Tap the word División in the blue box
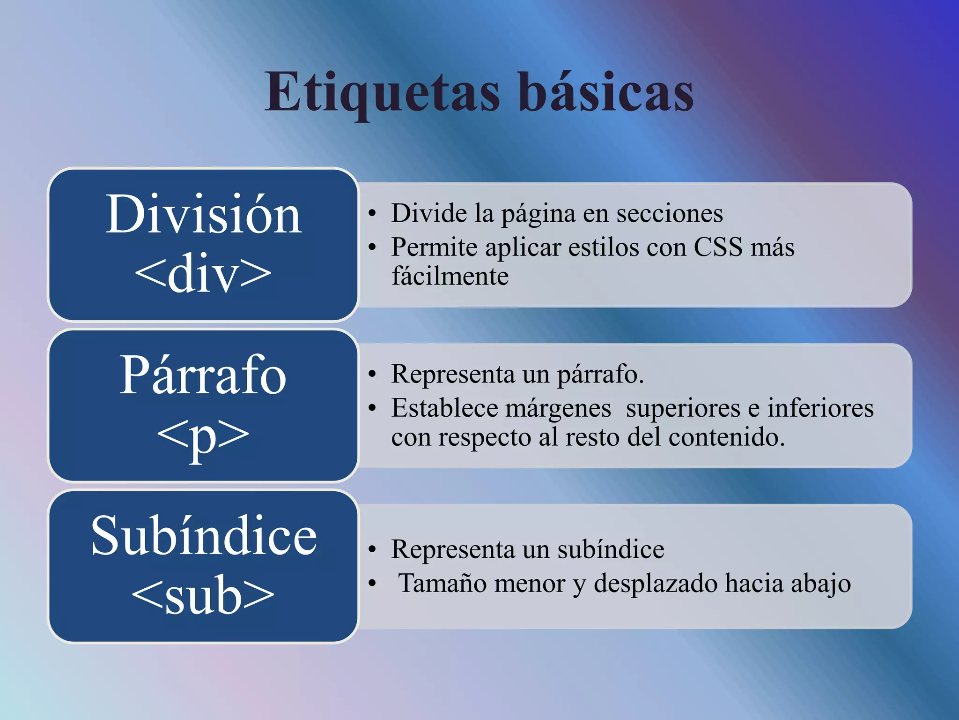point(203,215)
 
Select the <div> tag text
point(203,273)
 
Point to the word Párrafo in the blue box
point(203,375)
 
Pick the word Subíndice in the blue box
point(204,535)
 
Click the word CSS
point(718,247)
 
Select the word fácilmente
point(450,276)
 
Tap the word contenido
point(726,437)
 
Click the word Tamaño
point(443,584)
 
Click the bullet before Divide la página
point(372,214)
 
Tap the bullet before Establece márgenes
point(372,408)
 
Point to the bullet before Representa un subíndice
point(372,550)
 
